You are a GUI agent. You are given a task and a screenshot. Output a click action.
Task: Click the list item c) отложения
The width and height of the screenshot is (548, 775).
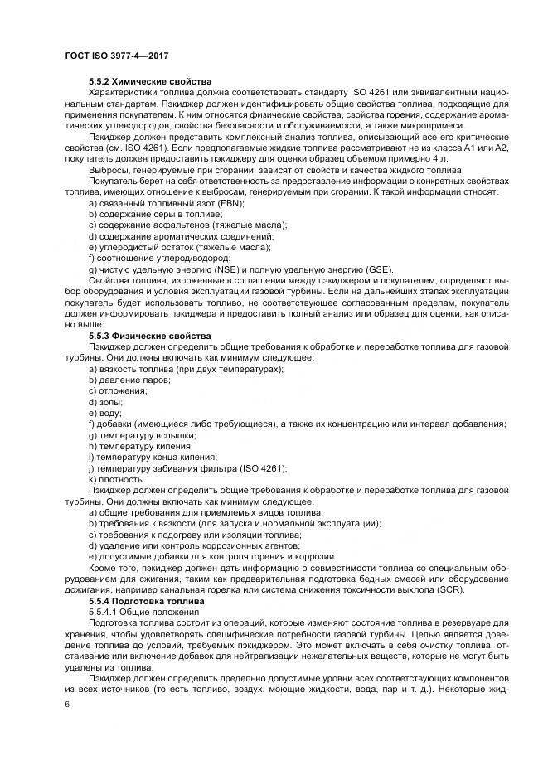point(112,390)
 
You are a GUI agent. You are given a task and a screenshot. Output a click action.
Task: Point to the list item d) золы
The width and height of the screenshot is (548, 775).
point(104,401)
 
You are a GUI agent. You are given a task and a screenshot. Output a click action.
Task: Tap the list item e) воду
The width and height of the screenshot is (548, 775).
point(104,413)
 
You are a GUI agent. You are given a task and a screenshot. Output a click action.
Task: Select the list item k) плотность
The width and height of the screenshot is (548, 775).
point(116,479)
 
